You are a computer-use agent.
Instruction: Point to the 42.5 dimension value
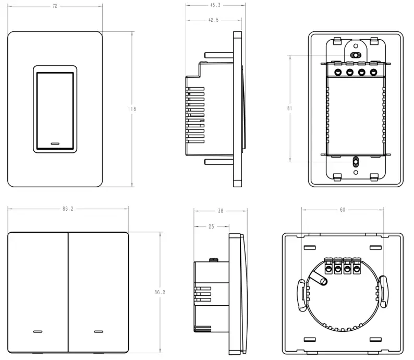point(214,20)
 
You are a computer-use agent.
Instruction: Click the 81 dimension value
point(289,109)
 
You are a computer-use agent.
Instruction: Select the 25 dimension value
point(211,227)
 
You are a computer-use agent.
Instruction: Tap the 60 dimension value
point(342,210)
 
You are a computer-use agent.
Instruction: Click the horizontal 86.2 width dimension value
point(68,209)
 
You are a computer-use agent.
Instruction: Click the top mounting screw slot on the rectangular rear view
point(356,55)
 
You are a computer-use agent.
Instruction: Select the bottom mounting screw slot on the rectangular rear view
point(356,162)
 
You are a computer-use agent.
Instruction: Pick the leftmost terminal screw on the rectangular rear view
point(338,71)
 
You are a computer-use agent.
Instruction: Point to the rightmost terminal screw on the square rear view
point(357,270)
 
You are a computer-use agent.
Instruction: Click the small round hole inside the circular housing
point(324,282)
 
